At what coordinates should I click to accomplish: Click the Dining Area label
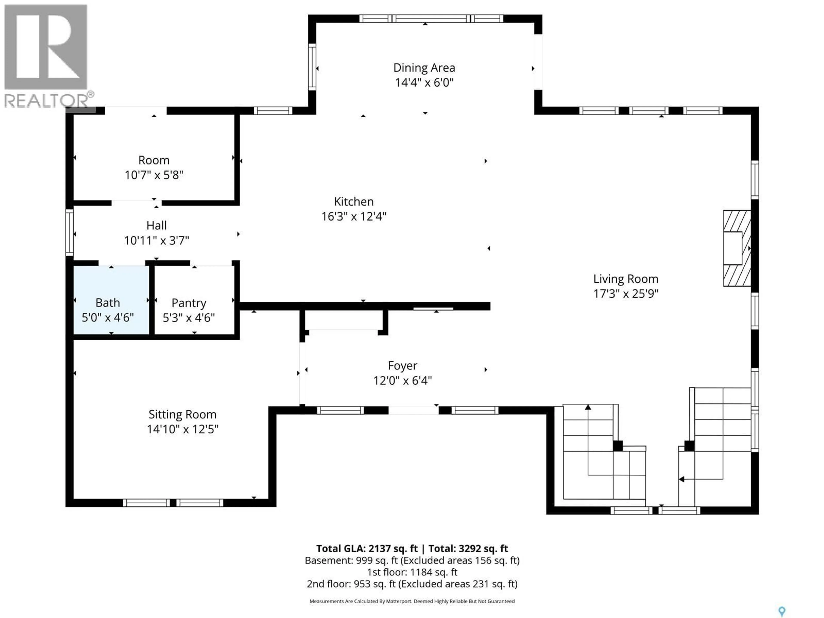[424, 68]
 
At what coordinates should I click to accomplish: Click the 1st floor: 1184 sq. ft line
[412, 572]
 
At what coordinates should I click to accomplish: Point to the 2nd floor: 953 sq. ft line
[412, 584]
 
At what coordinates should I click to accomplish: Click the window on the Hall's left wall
[69, 232]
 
